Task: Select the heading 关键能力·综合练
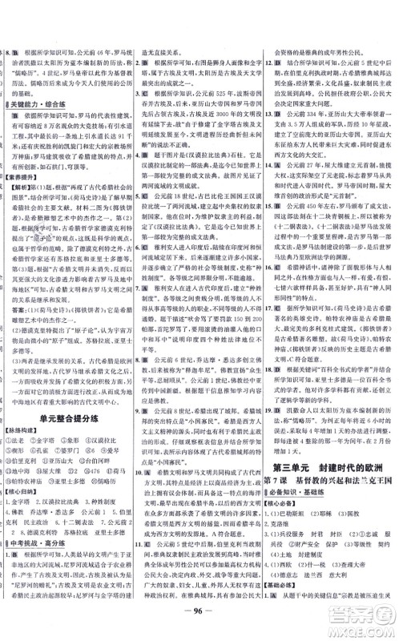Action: (44, 103)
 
